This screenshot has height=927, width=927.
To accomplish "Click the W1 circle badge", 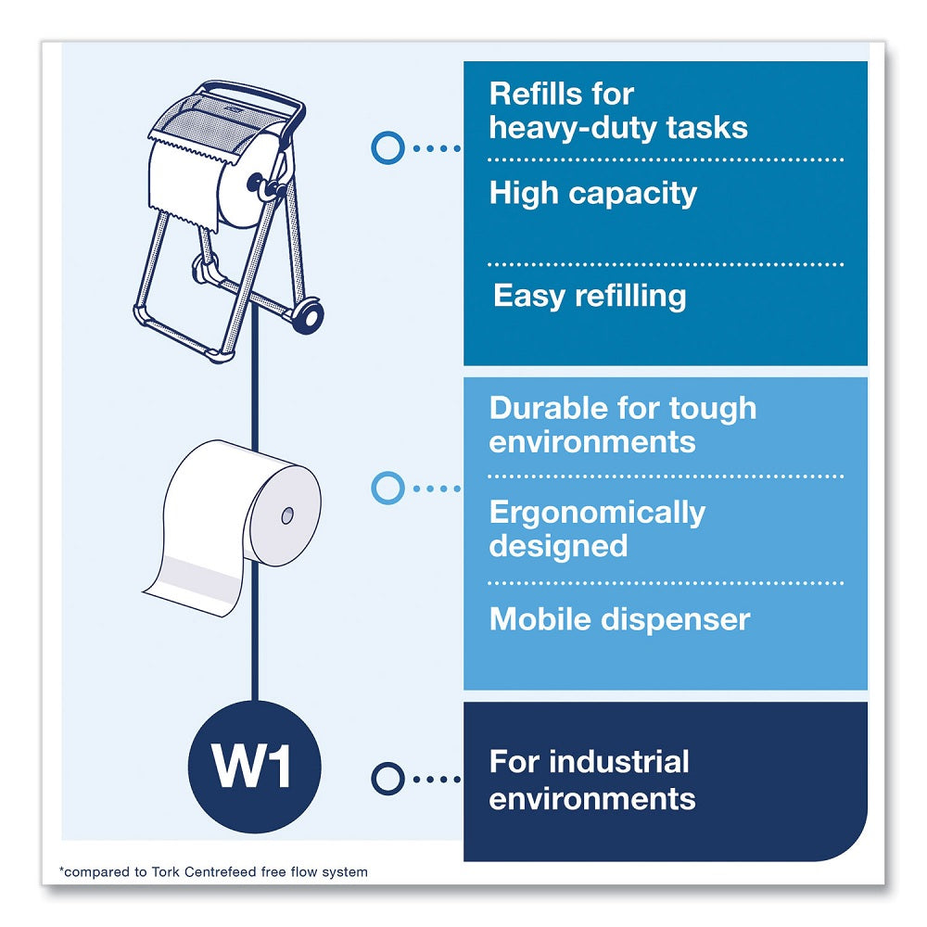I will (253, 764).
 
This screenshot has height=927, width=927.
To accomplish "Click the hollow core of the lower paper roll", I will (286, 513).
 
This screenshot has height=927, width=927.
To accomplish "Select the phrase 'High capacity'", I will (592, 194).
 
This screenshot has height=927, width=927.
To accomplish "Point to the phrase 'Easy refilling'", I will (590, 296).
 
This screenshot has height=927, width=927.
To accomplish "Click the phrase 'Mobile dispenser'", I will (619, 618).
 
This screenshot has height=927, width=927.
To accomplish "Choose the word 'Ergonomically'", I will (597, 512).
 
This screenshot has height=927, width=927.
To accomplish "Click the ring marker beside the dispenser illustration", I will (387, 146).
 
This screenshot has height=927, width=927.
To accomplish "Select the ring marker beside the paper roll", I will (387, 488).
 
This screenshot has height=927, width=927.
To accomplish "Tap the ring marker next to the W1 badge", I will (387, 777).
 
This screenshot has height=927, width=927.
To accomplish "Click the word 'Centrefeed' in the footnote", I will (243, 871).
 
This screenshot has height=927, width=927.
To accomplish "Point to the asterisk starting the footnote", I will (62, 870).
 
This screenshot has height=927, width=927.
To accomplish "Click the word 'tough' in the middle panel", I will (714, 408).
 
